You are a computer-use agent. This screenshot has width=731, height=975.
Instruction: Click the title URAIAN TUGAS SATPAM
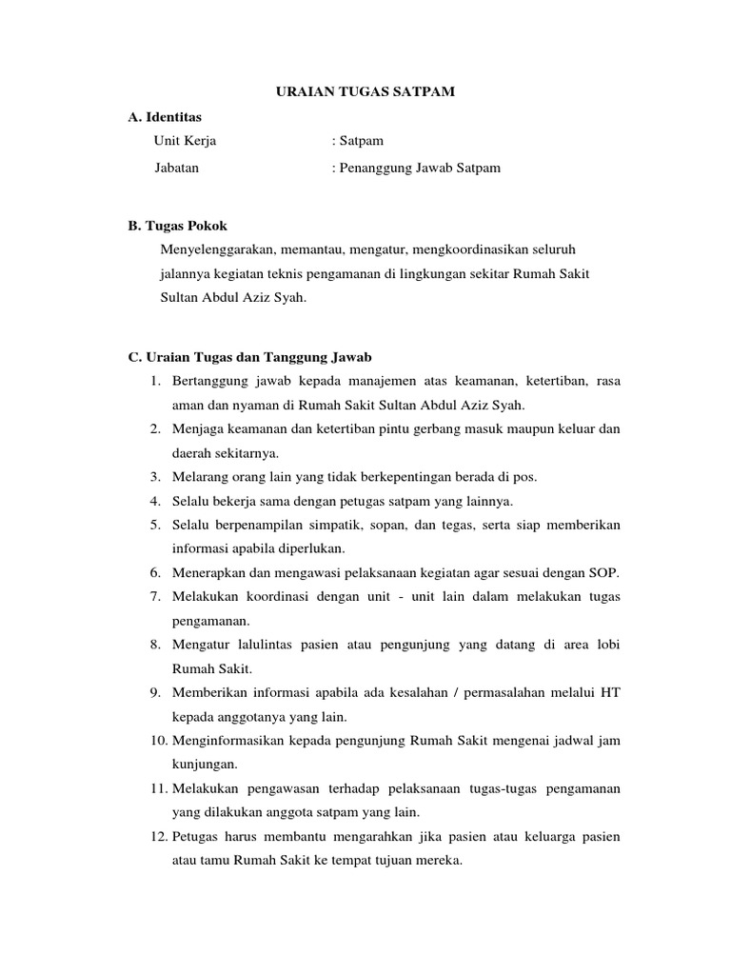[x=365, y=91]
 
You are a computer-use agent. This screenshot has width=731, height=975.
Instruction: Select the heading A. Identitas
[x=166, y=116]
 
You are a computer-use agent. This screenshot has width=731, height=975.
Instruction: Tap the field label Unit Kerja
[x=186, y=141]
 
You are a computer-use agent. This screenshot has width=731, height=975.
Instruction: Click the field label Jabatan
[x=177, y=168]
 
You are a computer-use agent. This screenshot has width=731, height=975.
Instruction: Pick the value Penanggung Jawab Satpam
[x=420, y=168]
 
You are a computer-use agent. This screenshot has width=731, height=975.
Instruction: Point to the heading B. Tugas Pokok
[x=178, y=226]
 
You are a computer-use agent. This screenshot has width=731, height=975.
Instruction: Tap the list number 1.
[x=154, y=382]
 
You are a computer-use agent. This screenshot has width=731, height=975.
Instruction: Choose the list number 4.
[x=154, y=501]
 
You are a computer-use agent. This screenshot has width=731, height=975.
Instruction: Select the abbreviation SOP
[x=604, y=572]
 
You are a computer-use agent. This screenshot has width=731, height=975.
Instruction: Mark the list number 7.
[x=154, y=596]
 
